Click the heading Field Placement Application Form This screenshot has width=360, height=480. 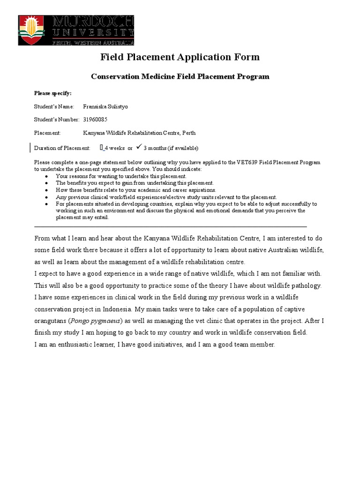[x=180, y=57]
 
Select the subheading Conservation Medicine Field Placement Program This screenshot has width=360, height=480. [x=180, y=76]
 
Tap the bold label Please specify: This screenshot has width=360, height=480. [x=52, y=93]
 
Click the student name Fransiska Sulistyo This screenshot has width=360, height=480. [x=105, y=106]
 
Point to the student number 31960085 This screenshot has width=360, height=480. [x=95, y=120]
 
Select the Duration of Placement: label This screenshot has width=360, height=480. [x=62, y=148]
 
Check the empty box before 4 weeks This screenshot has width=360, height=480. [x=101, y=148]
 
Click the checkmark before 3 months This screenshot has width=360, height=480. [x=138, y=147]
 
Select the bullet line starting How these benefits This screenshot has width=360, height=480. [x=136, y=190]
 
